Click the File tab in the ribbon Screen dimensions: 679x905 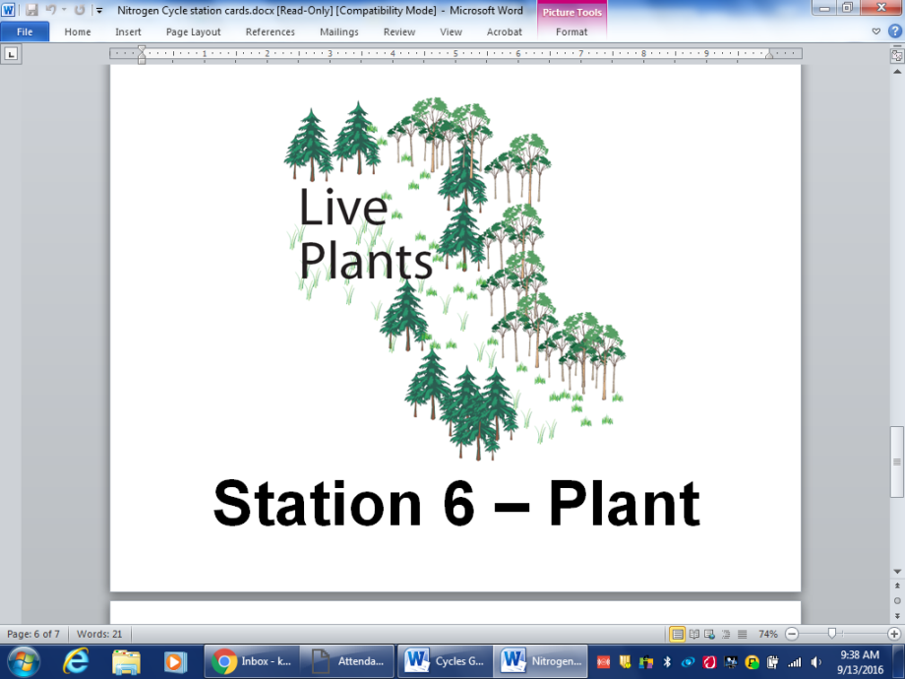coord(25,31)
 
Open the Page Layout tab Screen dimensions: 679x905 coord(193,31)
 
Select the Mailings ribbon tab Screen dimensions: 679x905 coord(338,31)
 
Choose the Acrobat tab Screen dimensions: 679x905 coord(504,31)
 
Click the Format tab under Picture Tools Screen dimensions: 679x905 coord(572,31)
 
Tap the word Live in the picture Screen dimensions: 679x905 coord(343,209)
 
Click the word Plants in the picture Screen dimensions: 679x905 coord(366,262)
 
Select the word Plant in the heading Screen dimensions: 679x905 coord(624,504)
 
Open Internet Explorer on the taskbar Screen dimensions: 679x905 coord(76,661)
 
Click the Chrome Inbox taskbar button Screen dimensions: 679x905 coord(251,661)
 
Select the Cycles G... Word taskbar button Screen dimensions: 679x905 coord(444,661)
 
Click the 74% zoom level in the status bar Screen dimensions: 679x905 coord(768,634)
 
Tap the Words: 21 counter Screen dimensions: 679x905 coord(99,634)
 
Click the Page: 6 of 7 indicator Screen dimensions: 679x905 coord(33,634)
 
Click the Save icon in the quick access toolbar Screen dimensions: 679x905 coord(31,10)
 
